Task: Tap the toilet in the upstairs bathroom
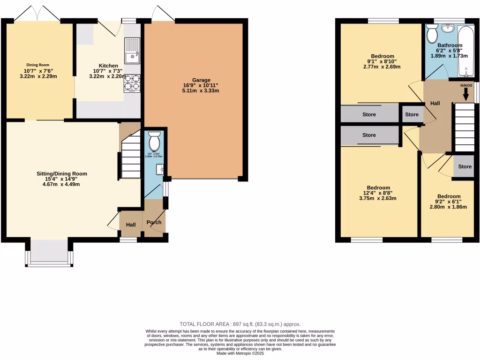click(x=432, y=34)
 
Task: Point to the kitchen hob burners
click(x=132, y=83)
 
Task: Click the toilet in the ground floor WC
click(x=154, y=140)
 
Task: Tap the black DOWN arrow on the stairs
click(x=465, y=94)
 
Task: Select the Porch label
click(x=154, y=223)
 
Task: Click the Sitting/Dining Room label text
click(x=62, y=173)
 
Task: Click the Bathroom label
click(x=450, y=45)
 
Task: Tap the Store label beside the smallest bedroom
click(x=465, y=167)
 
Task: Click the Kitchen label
click(x=108, y=66)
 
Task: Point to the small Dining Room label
click(x=37, y=65)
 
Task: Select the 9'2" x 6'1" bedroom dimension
click(x=449, y=202)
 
